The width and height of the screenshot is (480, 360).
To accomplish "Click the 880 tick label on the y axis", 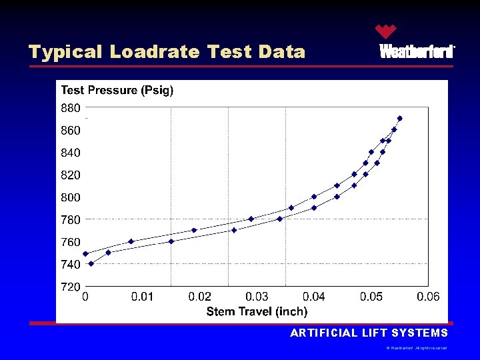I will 71,107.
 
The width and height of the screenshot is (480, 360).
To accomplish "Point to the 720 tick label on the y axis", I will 71,287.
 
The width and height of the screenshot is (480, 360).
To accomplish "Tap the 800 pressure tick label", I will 71,197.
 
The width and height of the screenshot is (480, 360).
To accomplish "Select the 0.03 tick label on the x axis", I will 257,297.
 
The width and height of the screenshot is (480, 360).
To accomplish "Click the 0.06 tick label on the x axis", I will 428,297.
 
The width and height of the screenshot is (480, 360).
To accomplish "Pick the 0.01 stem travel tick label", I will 142,297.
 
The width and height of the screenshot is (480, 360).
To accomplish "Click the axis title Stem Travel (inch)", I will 257,311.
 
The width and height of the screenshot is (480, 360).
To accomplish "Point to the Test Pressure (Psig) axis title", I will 117,91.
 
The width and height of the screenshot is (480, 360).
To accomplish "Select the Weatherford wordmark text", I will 417,52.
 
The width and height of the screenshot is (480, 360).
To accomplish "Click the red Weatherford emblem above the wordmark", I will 385,31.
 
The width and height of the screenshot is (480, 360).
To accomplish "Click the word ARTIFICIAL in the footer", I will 322,333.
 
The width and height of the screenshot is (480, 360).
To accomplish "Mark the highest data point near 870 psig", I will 399,119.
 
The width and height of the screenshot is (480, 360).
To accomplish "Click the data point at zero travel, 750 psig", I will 85,253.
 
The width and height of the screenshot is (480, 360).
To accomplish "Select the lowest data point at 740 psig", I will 91,263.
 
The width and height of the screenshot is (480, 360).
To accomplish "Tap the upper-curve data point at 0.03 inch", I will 251,219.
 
